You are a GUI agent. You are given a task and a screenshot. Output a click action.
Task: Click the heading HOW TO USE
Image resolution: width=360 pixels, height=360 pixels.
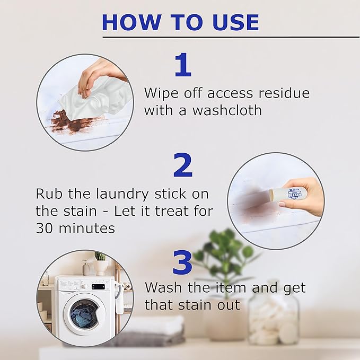[180, 22]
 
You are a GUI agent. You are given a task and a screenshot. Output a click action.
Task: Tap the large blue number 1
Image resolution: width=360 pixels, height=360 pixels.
[182, 66]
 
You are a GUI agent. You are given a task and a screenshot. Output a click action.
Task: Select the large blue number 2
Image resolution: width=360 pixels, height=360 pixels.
[182, 165]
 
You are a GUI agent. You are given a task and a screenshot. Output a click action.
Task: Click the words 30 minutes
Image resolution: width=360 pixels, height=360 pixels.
[75, 229]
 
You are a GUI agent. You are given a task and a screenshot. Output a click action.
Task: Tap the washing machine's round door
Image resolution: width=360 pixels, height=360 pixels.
[84, 315]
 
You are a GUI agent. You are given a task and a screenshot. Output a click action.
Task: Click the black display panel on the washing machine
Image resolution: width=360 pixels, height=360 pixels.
[99, 286]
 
